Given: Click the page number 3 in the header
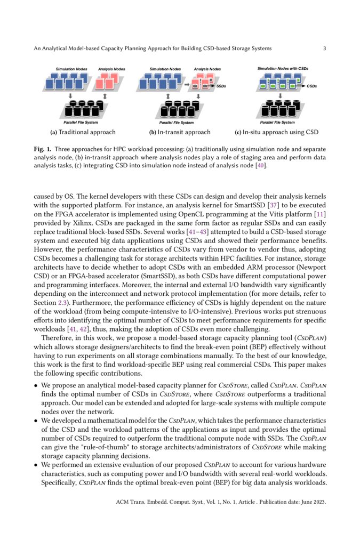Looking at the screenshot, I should pyautogui.click(x=324, y=49).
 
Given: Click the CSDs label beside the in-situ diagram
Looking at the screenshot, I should pyautogui.click(x=312, y=86).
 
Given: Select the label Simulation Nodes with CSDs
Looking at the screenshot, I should pyautogui.click(x=283, y=69).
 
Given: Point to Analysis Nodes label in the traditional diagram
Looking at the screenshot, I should pyautogui.click(x=112, y=69).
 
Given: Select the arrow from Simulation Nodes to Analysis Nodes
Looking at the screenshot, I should pyautogui.click(x=186, y=84).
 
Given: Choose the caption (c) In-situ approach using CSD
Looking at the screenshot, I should pyautogui.click(x=277, y=132).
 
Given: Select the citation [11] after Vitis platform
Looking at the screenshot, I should pyautogui.click(x=319, y=215).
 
